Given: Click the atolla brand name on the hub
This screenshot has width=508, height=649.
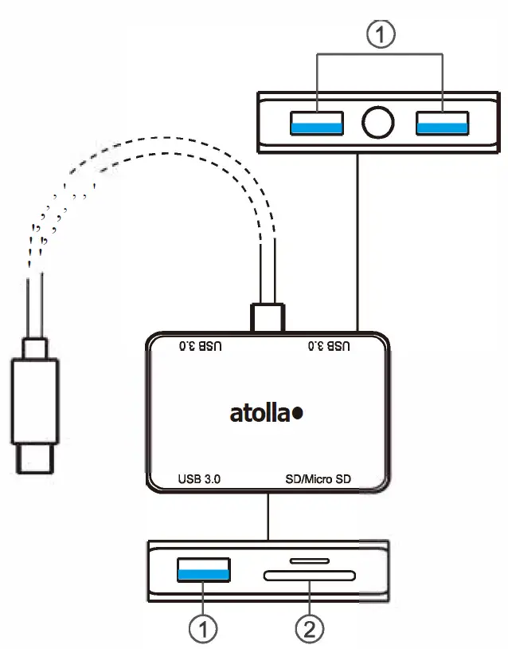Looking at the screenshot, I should pyautogui.click(x=260, y=414).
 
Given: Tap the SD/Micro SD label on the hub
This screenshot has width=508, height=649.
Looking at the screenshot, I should pyautogui.click(x=318, y=480).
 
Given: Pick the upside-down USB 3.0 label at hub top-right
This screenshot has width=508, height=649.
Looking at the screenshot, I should pyautogui.click(x=328, y=347).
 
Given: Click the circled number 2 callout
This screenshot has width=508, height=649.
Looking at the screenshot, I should pyautogui.click(x=309, y=628).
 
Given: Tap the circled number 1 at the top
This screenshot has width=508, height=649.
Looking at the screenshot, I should pyautogui.click(x=379, y=36).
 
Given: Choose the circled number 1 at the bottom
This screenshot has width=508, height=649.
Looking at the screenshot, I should pyautogui.click(x=203, y=628).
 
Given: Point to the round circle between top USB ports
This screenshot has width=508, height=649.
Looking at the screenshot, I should pyautogui.click(x=378, y=123).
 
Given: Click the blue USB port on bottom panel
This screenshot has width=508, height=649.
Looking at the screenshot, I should pyautogui.click(x=203, y=569).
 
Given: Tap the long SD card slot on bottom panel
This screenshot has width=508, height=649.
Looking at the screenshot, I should pyautogui.click(x=309, y=576).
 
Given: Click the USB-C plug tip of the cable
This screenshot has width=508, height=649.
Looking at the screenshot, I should pyautogui.click(x=34, y=460).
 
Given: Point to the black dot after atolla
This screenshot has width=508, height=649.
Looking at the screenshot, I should pyautogui.click(x=298, y=414).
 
